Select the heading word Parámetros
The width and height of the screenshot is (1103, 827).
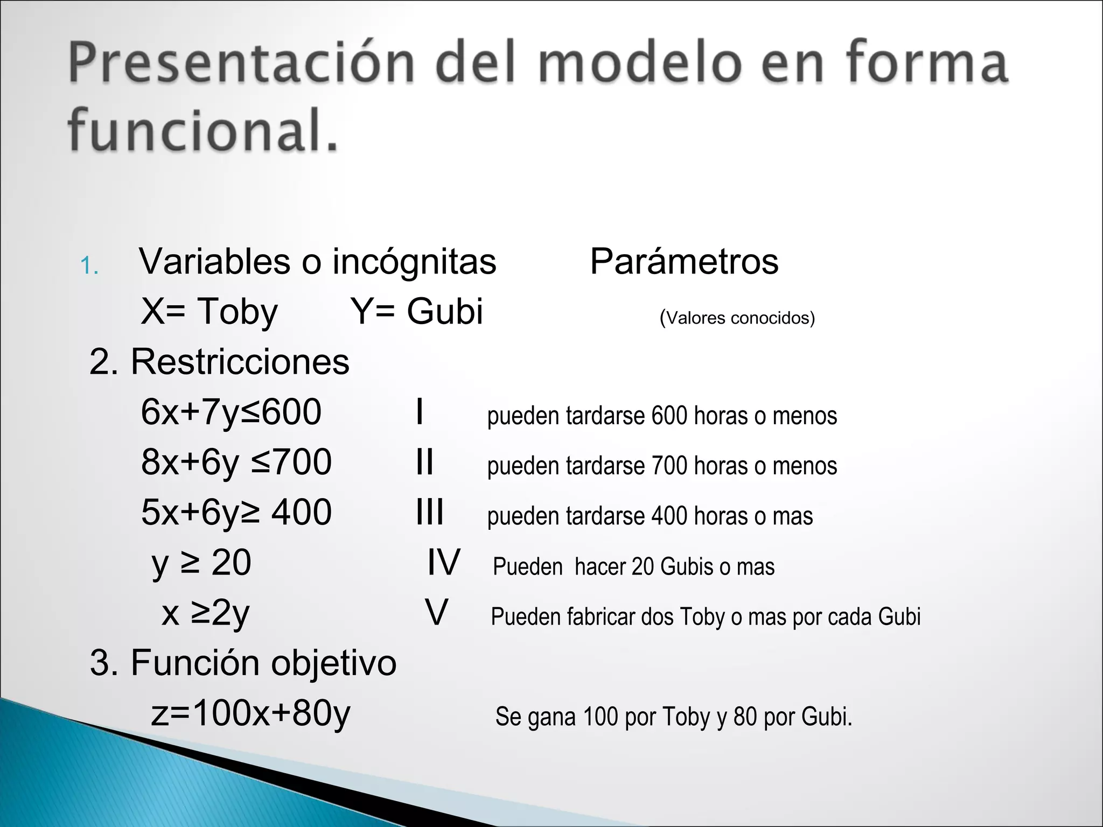(x=684, y=262)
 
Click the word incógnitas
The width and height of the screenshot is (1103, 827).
(x=414, y=262)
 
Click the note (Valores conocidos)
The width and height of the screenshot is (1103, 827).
(x=737, y=318)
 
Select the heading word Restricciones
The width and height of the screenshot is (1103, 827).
(x=240, y=362)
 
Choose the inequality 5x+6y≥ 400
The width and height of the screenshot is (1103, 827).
(x=236, y=513)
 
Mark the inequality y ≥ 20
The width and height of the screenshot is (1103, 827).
(x=201, y=563)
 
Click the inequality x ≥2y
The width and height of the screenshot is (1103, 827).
(x=205, y=613)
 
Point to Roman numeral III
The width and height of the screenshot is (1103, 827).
(x=430, y=513)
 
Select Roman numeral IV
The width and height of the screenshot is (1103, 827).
(x=444, y=563)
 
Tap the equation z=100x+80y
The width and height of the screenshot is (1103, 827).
(x=250, y=713)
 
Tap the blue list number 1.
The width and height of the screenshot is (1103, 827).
(x=89, y=266)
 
